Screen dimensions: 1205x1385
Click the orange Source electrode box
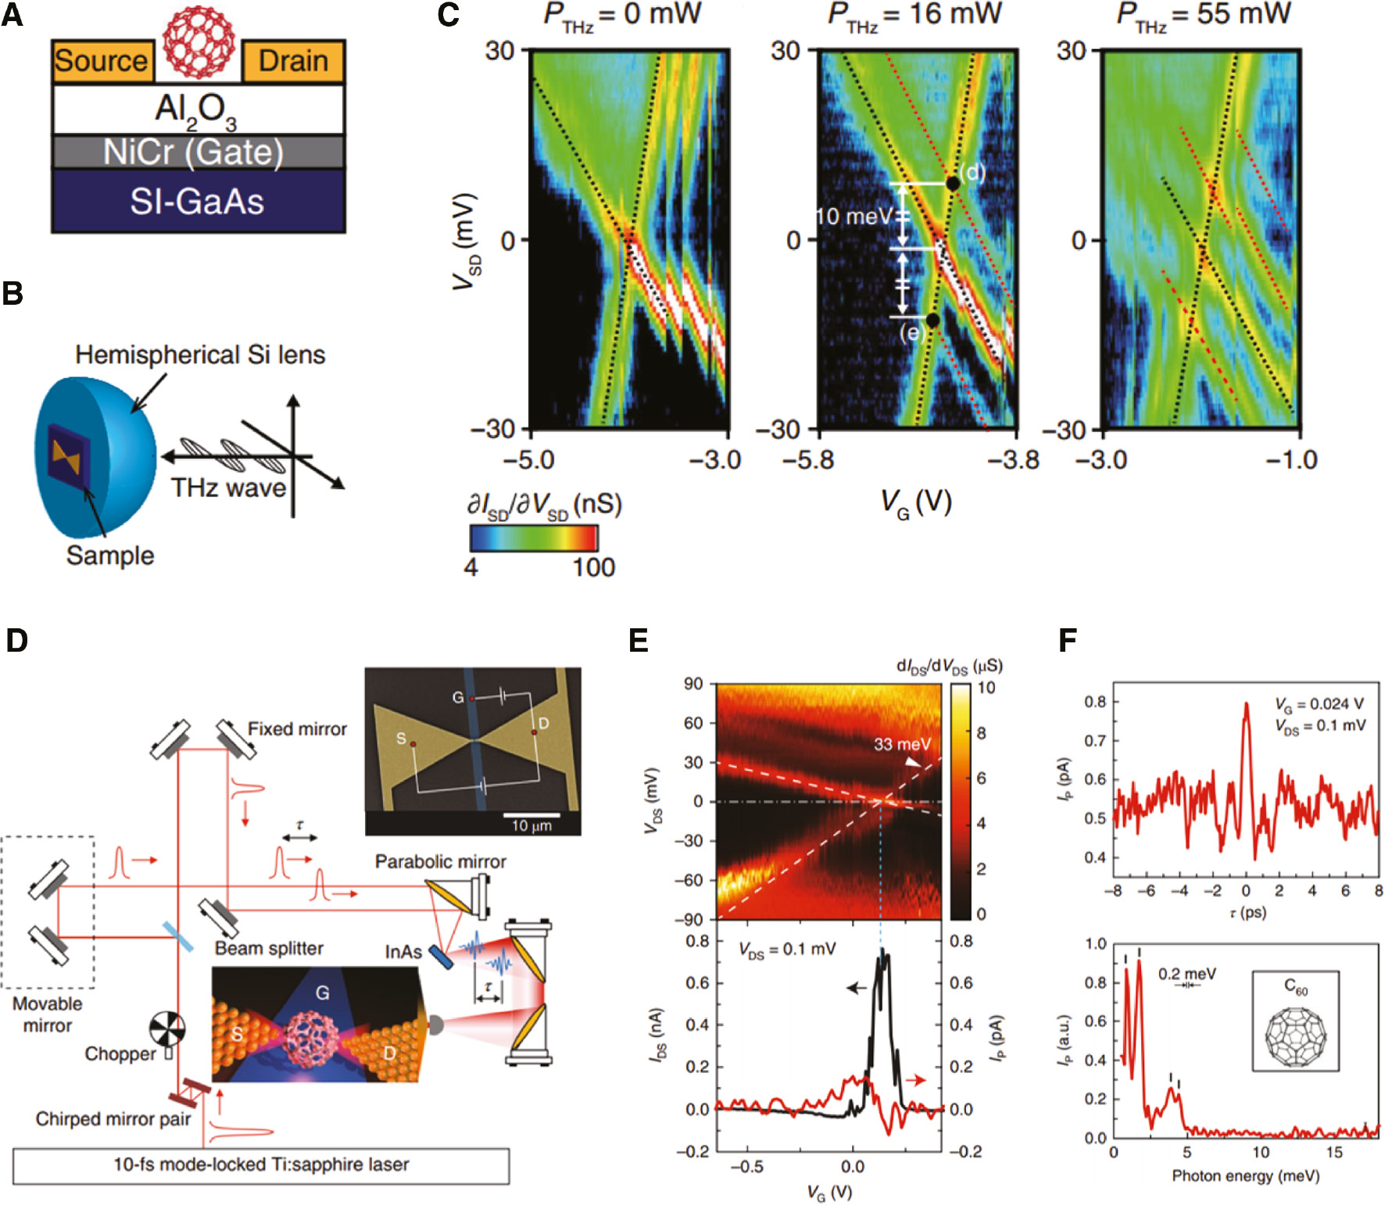[101, 61]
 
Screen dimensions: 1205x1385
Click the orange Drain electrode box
[293, 61]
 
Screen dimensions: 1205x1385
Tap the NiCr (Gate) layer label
[194, 152]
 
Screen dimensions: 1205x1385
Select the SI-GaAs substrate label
[197, 202]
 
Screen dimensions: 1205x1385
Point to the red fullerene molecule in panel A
[199, 45]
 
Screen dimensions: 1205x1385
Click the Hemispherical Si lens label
[200, 355]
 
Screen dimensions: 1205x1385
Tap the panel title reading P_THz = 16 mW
[915, 16]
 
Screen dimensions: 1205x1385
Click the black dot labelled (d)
[952, 184]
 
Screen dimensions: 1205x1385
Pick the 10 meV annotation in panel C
[853, 216]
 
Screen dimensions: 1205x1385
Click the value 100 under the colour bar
[593, 567]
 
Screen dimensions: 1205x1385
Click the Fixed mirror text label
[297, 729]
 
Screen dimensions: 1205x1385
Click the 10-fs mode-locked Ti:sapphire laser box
[261, 1165]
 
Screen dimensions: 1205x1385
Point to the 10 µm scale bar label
[531, 825]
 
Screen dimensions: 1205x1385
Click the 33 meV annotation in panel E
[902, 744]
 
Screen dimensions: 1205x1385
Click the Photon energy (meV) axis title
[1245, 1176]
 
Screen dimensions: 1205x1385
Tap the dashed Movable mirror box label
[48, 1014]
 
